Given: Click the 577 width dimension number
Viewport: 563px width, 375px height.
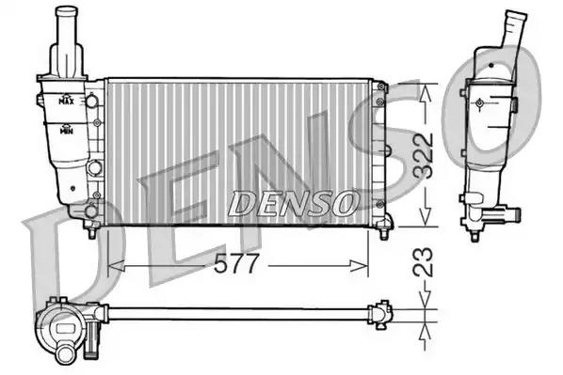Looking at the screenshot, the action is (x=235, y=263).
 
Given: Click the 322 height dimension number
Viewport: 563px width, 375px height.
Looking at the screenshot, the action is (x=423, y=156).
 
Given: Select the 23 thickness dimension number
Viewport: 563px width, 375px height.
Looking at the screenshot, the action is (x=423, y=261).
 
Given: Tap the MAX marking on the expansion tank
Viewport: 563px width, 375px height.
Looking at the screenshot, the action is (x=67, y=100).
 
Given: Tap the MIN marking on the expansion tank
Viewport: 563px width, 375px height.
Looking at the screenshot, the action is (x=67, y=130).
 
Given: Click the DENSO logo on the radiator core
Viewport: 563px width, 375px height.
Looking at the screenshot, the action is (x=294, y=204).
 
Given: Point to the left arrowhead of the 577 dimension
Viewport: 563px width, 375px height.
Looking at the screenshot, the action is (x=116, y=266).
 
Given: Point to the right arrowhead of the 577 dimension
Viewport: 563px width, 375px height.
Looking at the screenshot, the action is (x=360, y=266).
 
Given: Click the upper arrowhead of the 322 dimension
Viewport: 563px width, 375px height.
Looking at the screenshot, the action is (x=426, y=92).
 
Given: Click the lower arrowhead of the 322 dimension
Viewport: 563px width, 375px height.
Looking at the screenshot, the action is (x=426, y=218).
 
